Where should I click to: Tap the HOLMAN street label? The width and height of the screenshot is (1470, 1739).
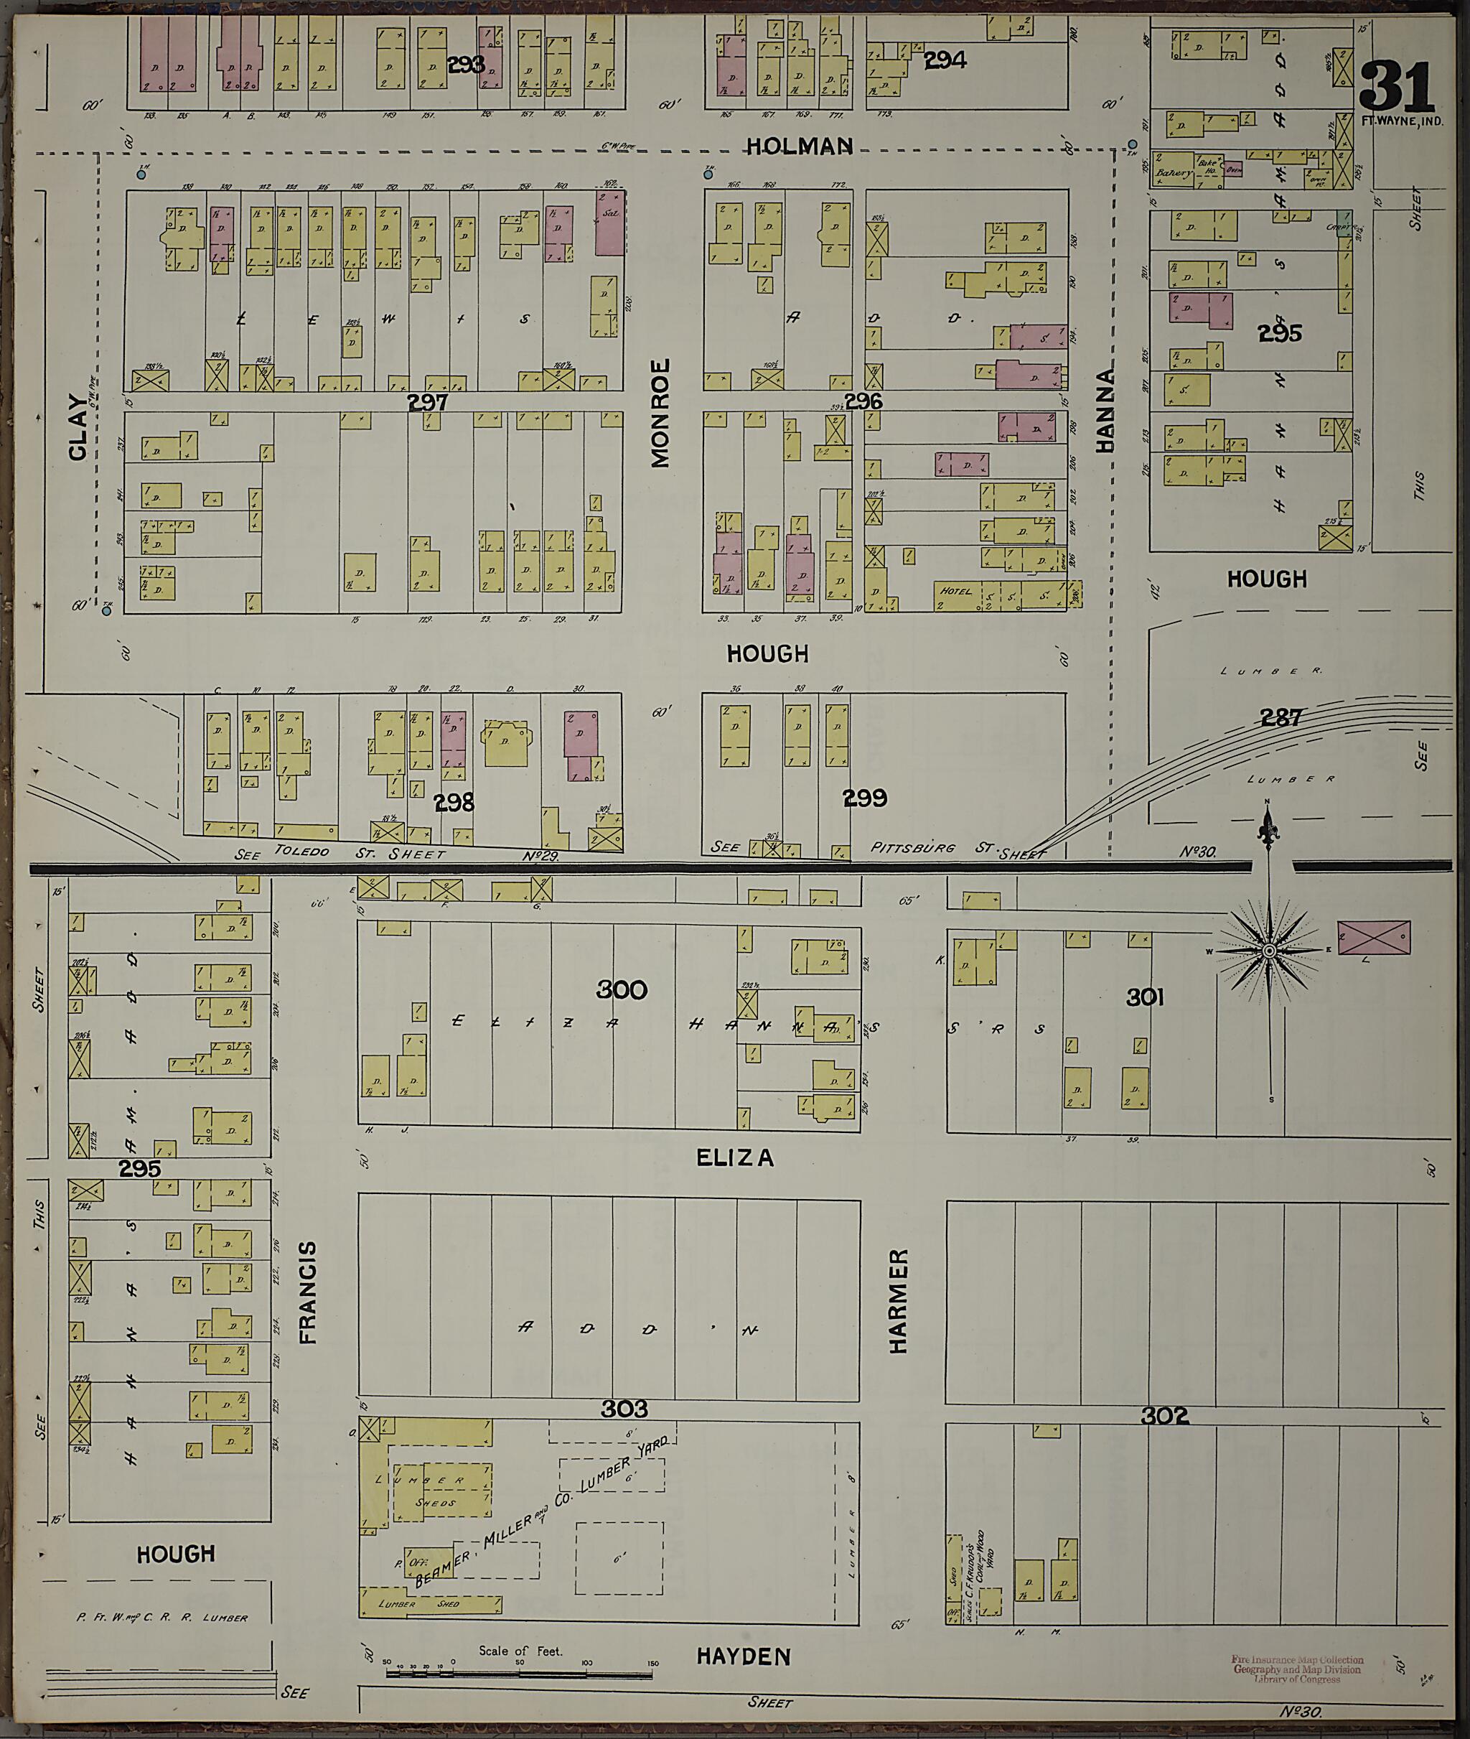pyautogui.click(x=799, y=146)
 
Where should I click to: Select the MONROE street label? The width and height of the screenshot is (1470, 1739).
pyautogui.click(x=660, y=413)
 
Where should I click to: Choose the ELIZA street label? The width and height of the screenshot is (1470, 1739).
pyautogui.click(x=735, y=1158)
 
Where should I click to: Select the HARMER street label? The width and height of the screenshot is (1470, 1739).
pyautogui.click(x=897, y=1301)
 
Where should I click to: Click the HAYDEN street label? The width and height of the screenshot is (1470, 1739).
pyautogui.click(x=744, y=1656)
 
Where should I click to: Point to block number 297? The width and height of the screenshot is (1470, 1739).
pyautogui.click(x=428, y=403)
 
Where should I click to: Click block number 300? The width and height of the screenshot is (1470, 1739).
pyautogui.click(x=622, y=989)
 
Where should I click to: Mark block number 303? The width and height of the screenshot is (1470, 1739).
pyautogui.click(x=624, y=1409)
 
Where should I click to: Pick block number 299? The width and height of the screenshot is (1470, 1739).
pyautogui.click(x=865, y=798)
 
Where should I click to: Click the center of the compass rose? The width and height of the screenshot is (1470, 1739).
pyautogui.click(x=1268, y=951)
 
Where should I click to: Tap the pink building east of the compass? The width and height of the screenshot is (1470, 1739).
pyautogui.click(x=1373, y=937)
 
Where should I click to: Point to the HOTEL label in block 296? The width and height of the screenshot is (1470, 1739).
pyautogui.click(x=955, y=591)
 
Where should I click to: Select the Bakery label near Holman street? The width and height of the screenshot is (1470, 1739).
pyautogui.click(x=1174, y=174)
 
